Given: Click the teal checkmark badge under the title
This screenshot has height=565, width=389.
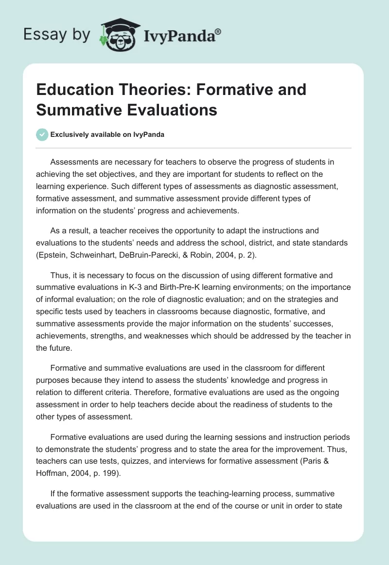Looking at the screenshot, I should [x=42, y=134].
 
